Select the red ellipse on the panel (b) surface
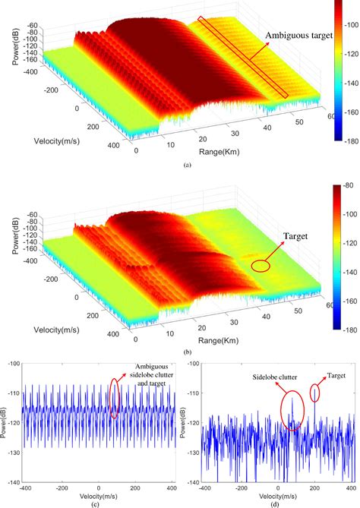pyautogui.click(x=261, y=266)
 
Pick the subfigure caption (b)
pyautogui.click(x=177, y=351)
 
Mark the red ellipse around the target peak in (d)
pyautogui.click(x=315, y=393)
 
